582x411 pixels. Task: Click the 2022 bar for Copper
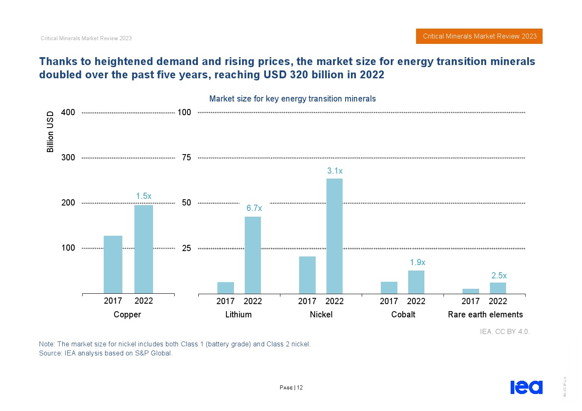click(144, 249)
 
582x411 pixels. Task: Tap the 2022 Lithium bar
click(253, 255)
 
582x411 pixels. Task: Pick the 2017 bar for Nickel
click(307, 275)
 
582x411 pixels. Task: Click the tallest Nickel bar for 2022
click(334, 236)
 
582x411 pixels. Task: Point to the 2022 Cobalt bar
click(416, 282)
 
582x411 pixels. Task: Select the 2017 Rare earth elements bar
click(470, 291)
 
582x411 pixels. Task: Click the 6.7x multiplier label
click(254, 208)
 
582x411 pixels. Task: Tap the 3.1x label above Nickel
click(335, 171)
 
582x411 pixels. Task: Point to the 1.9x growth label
click(417, 262)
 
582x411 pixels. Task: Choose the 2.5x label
click(499, 276)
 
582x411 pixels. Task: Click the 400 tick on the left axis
click(68, 112)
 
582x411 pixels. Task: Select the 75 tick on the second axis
click(186, 157)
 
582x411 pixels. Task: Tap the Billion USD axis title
click(50, 132)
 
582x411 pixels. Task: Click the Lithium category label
click(238, 314)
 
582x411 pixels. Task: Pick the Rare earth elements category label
click(485, 314)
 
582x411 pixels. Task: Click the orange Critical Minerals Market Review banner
click(479, 36)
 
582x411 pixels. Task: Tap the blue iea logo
click(526, 387)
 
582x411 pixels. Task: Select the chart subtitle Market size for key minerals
click(292, 99)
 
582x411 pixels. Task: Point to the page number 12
click(300, 388)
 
